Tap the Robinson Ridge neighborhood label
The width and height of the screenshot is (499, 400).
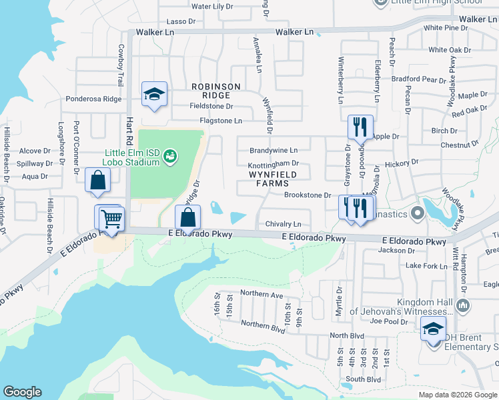coord(215,91)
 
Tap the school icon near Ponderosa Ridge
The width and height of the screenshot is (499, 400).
coord(154,94)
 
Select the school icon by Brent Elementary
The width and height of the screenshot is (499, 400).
coord(433,329)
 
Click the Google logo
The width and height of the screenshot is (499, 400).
coord(22,392)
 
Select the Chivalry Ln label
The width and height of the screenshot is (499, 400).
coord(284,224)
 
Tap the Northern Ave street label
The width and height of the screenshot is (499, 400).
coord(262,293)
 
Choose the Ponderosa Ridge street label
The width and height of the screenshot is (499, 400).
coord(93,99)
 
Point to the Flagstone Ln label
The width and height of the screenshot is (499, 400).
coord(221,121)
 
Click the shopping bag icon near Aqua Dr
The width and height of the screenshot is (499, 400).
coord(97,181)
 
